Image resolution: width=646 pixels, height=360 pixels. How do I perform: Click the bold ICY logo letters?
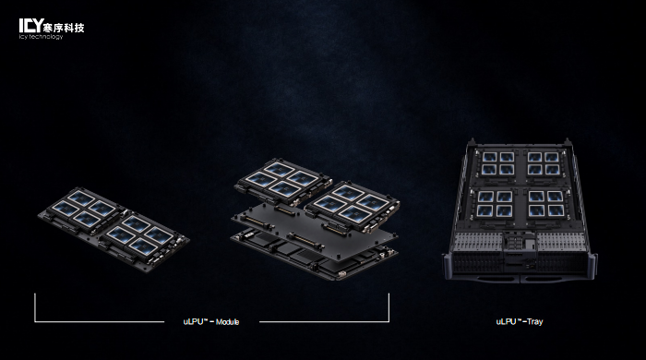[x=30, y=25]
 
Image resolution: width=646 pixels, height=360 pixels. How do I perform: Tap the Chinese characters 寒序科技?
[x=64, y=28]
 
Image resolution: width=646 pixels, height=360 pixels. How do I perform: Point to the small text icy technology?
[x=41, y=37]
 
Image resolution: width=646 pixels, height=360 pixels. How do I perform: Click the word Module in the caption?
[x=227, y=322]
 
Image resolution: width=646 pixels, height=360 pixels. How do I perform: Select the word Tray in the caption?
[x=534, y=321]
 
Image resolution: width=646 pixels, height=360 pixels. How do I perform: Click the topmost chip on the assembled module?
[x=81, y=198]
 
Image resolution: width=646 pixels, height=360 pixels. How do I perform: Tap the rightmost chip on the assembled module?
[x=159, y=234]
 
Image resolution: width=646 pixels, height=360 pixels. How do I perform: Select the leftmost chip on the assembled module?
[x=66, y=208]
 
